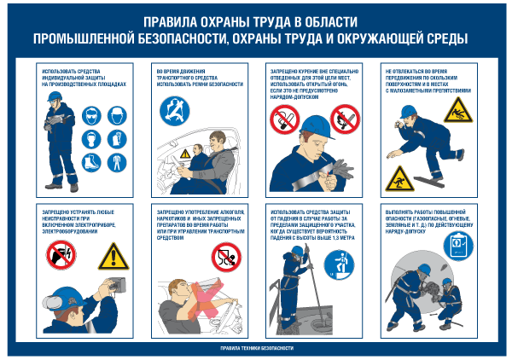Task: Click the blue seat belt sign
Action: pos(175,111)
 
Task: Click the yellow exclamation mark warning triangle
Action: pos(113,255)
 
